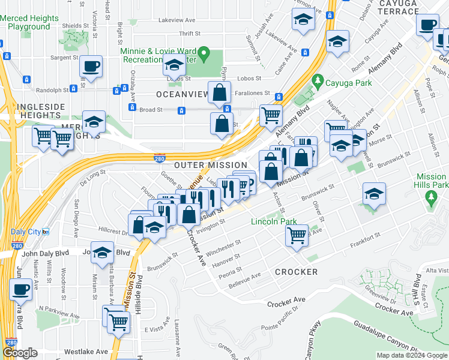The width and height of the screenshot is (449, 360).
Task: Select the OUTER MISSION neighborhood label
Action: coord(210,165)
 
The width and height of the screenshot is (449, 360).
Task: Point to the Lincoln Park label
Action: coord(274,222)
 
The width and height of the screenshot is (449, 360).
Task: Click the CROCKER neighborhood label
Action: coord(296,272)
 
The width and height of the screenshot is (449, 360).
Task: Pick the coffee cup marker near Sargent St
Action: coord(91,67)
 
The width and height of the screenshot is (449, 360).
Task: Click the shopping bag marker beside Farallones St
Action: coord(220,92)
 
